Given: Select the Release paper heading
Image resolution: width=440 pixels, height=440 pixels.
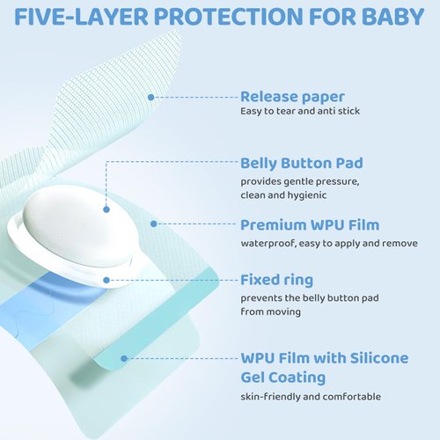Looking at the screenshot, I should coord(291,97).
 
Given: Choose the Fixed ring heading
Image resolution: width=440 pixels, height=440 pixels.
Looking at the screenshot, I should coord(276,280).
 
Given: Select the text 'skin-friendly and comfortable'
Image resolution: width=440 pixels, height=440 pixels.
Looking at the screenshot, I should coord(311,396).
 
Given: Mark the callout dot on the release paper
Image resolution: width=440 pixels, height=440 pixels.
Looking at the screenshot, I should coord(150,97).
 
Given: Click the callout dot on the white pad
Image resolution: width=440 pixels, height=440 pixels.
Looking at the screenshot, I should coord(106,209).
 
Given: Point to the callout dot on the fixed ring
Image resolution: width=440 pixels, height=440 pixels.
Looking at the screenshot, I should coord(106,280).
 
